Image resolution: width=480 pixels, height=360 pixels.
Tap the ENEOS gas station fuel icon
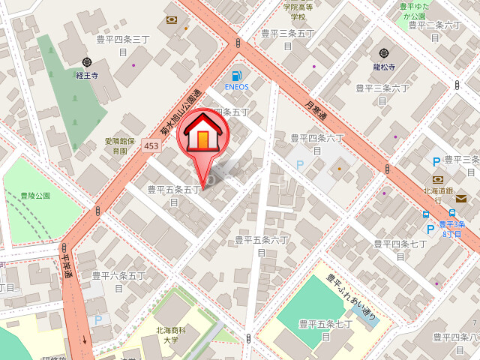click(237, 76)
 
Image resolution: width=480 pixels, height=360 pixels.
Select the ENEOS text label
click(237, 87)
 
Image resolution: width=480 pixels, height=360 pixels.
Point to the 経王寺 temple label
click(87, 76)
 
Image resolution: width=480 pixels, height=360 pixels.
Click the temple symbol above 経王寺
click(87, 63)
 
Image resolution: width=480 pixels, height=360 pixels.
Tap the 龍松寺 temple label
click(385, 66)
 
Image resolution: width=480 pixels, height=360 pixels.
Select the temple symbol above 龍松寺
click(385, 53)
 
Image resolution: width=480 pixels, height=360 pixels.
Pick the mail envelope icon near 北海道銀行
click(460, 198)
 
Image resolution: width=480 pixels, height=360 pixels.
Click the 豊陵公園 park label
click(35, 196)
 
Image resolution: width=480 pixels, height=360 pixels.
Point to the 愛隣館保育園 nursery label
click(119, 145)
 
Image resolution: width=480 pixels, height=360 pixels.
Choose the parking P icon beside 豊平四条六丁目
click(301, 164)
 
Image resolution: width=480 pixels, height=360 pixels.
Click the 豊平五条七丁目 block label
click(325, 330)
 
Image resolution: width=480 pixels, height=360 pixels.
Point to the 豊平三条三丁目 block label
click(124, 45)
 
